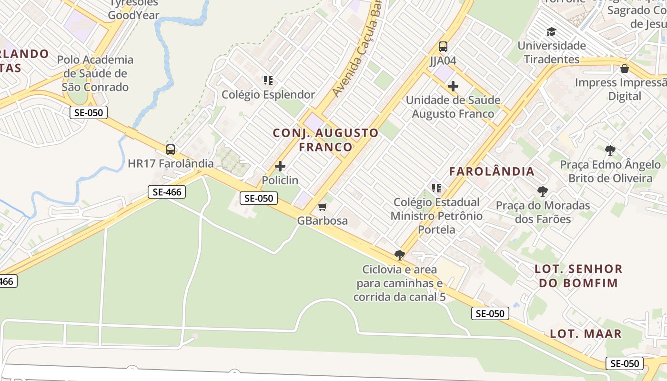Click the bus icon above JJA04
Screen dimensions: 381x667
coord(443,47)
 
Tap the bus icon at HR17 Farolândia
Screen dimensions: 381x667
coord(171,150)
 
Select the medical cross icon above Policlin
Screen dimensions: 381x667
coord(280,166)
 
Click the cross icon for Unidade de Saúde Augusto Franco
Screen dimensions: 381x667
coord(453,86)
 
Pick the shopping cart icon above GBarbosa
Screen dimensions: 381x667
coord(323,207)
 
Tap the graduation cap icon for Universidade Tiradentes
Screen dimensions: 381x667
coord(552,32)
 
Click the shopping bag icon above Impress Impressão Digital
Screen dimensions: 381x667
coord(625,69)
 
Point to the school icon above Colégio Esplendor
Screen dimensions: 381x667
coord(268,80)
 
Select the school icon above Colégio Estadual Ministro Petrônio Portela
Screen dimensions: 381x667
coord(435,188)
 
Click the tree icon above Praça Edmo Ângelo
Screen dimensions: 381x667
coord(610,151)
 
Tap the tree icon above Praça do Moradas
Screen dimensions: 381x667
coord(542,191)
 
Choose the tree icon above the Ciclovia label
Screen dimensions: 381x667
coord(399,255)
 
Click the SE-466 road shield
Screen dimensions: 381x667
coord(166,192)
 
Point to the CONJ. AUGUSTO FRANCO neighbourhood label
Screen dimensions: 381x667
coord(326,140)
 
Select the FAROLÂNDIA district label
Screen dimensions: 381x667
coord(492,171)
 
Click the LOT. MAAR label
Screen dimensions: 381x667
coord(586,333)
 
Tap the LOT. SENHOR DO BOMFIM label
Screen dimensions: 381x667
coord(578,276)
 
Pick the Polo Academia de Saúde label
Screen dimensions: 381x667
coord(95,73)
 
